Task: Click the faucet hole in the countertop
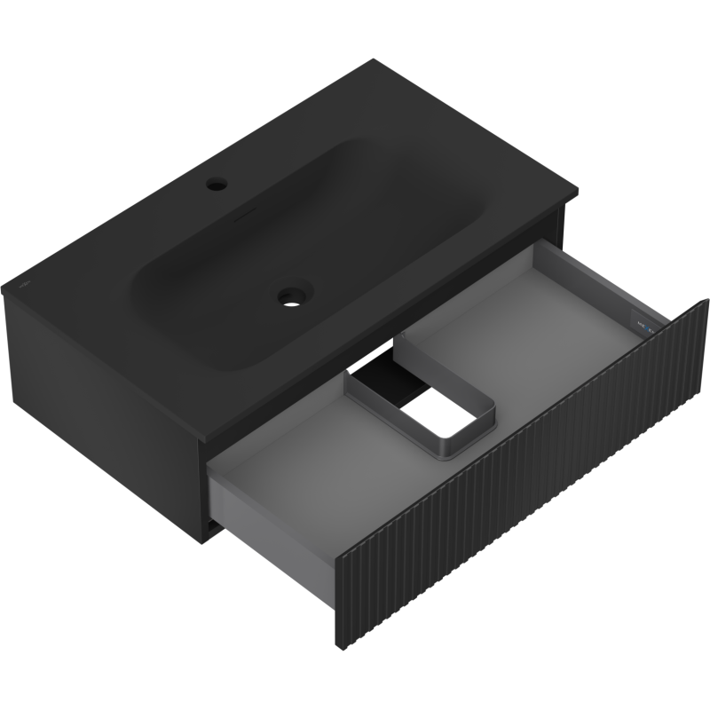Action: [x=216, y=185]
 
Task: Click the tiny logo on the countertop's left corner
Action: [x=23, y=286]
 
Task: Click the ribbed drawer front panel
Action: [x=524, y=497]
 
